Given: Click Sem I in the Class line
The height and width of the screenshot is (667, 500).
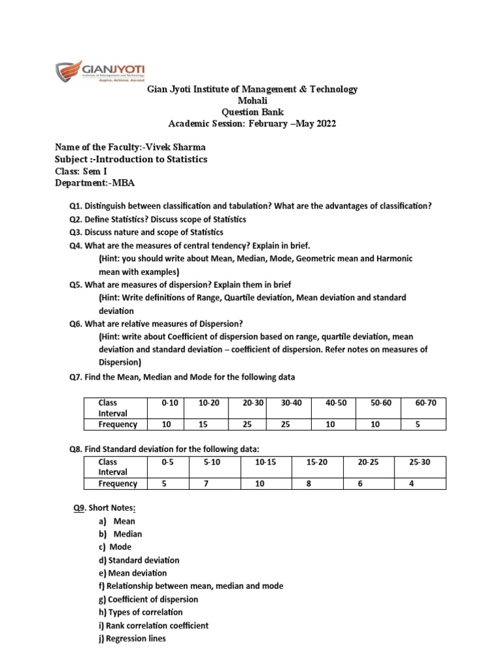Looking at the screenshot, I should coord(98,171).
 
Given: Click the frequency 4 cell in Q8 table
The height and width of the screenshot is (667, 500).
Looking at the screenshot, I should coord(411,483).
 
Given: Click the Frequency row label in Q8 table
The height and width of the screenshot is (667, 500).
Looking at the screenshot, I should coord(117,483).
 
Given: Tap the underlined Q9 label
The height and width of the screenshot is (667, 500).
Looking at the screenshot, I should coord(80,508).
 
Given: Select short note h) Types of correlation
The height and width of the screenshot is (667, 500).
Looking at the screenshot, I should coord(141,612).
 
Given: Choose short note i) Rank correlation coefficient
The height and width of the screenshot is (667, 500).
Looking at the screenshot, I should coord(154,625).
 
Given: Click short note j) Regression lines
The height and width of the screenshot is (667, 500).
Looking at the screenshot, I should coord(132,638).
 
